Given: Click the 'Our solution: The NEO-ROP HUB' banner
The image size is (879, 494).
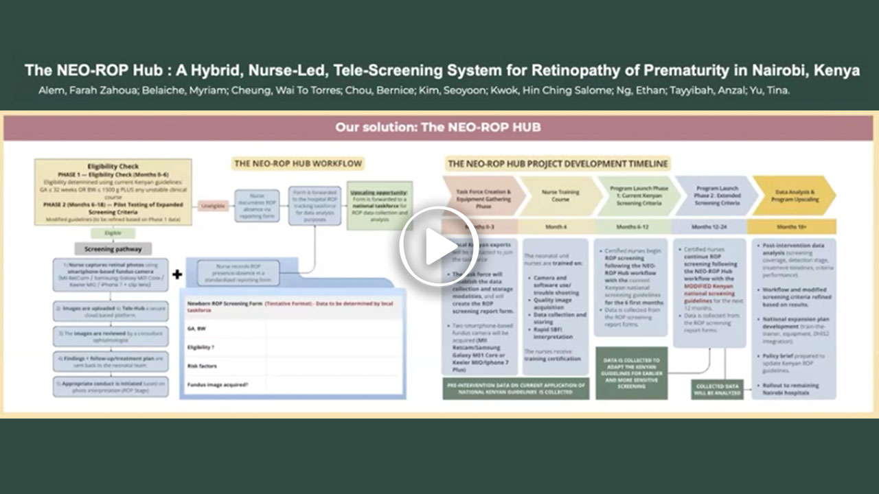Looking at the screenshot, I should coord(438,127).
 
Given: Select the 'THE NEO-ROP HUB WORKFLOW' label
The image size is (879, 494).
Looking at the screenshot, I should coord(297,164).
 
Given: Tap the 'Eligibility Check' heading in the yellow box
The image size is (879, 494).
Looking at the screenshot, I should coord(113,166).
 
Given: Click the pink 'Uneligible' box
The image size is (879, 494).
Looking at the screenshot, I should coord(214,205).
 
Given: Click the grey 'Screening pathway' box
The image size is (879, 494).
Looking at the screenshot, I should coord(113,249).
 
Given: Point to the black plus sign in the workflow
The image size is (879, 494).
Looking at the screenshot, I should coord(177,274).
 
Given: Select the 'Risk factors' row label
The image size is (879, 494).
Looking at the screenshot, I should coord(203,366).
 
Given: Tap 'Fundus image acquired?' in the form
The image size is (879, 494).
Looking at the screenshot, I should coord(218,385).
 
